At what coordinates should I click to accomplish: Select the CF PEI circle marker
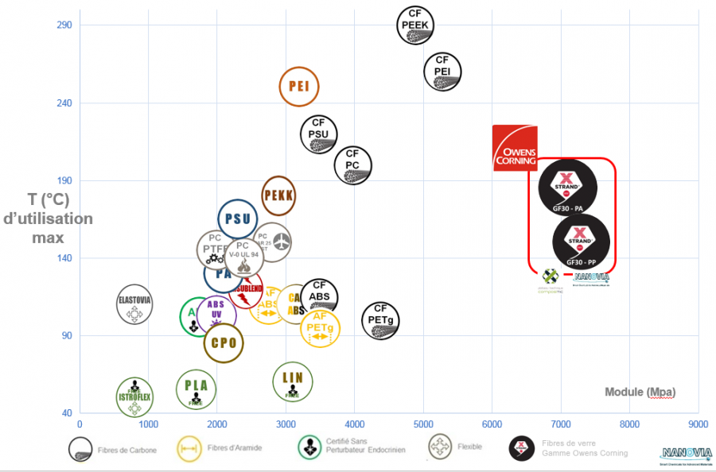point(442,72)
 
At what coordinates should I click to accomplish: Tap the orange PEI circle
point(299,87)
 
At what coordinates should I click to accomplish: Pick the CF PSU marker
point(319,134)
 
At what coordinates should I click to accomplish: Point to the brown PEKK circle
point(278,195)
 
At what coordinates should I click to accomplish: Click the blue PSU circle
point(237,219)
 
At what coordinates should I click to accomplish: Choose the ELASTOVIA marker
point(134,305)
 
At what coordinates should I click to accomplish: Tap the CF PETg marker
point(381,320)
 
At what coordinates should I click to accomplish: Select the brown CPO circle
point(224,343)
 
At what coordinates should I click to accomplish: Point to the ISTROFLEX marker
point(134,397)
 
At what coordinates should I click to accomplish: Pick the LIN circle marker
point(293,381)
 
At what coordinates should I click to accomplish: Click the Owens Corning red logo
point(515,148)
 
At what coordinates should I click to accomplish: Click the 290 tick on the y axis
point(64,25)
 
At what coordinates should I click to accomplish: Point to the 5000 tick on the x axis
point(423,424)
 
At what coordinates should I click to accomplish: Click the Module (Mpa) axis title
point(640,392)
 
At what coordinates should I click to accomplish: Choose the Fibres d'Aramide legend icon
point(189,447)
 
